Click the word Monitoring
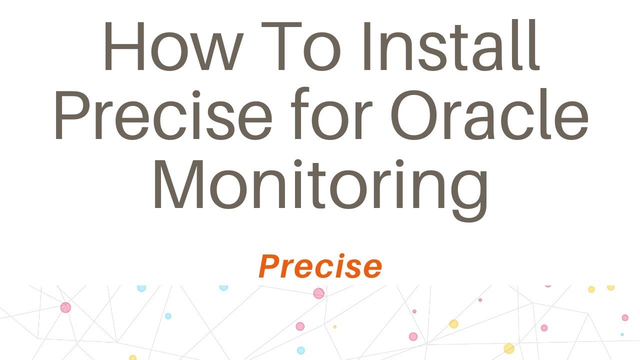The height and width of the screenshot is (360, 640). [320, 185]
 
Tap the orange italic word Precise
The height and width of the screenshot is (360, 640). [320, 266]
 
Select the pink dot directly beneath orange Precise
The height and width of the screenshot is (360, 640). [318, 293]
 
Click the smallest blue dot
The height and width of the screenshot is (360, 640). [622, 334]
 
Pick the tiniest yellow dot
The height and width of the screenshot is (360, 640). [334, 327]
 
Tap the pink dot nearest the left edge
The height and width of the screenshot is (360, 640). [65, 307]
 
